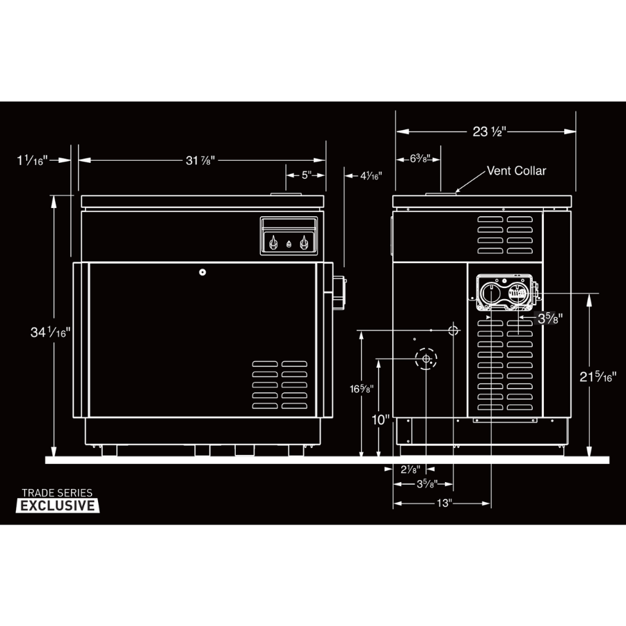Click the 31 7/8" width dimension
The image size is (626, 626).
pyautogui.click(x=200, y=161)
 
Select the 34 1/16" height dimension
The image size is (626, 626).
pyautogui.click(x=50, y=332)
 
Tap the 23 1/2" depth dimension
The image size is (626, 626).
pyautogui.click(x=490, y=131)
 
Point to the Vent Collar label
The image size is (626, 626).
pyautogui.click(x=516, y=171)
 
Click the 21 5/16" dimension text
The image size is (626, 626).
pyautogui.click(x=598, y=376)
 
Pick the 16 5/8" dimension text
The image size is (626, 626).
pyautogui.click(x=362, y=388)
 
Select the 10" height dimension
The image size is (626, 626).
pyautogui.click(x=380, y=419)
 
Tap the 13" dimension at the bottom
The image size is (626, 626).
pyautogui.click(x=444, y=503)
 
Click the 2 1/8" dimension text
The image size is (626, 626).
pyautogui.click(x=410, y=469)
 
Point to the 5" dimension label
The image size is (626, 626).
pyautogui.click(x=307, y=175)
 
